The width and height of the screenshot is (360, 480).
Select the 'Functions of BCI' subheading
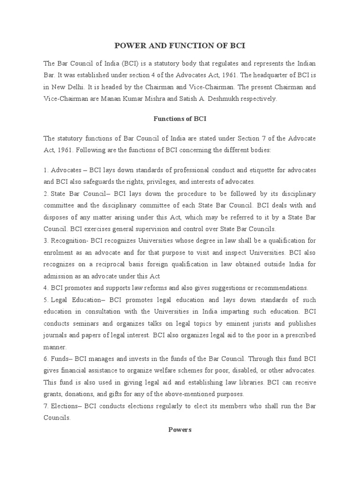(180, 119)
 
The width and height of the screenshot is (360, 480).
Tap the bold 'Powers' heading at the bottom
(180, 430)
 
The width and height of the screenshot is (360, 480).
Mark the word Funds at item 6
(60, 359)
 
